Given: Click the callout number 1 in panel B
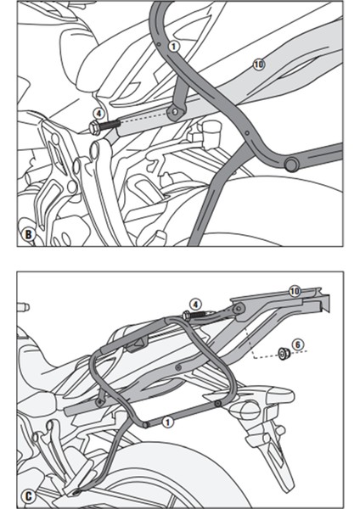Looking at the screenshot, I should click(173, 47).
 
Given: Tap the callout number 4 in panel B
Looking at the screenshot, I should click(99, 113).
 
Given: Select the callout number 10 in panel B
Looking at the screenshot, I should click(259, 63).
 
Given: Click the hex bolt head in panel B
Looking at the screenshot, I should click(91, 128).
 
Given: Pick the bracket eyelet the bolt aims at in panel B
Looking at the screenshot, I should click(177, 111).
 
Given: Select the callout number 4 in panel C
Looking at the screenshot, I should click(194, 303).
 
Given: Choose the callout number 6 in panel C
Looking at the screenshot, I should click(296, 344).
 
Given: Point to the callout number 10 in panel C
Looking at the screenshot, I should click(295, 291).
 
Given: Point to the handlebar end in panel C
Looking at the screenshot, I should click(25, 307).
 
